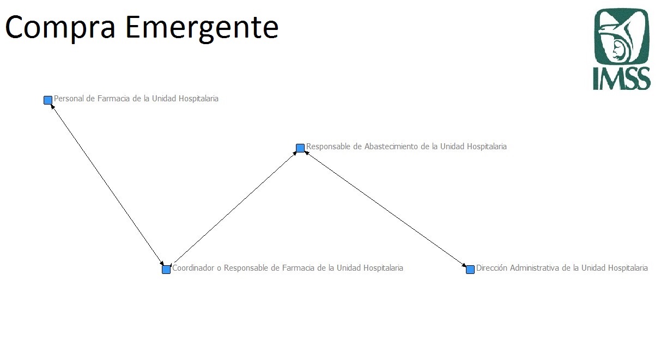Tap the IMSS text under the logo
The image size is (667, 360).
coord(622,78)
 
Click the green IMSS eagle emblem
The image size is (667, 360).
coord(622,36)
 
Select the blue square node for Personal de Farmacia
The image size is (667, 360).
coord(48,100)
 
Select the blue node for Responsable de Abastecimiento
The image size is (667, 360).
coord(300,148)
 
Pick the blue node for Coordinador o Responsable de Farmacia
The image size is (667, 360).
coord(166,269)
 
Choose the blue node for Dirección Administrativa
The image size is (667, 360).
coord(470,269)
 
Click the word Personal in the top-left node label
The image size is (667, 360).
coord(69,99)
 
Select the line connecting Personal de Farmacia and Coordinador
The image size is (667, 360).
coord(107,185)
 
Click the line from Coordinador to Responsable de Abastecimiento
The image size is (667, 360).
coord(235,208)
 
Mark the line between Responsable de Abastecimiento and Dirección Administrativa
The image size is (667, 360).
coord(385,209)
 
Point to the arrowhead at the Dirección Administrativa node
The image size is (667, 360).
coord(464,265)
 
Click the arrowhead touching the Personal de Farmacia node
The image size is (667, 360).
coord(52,106)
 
